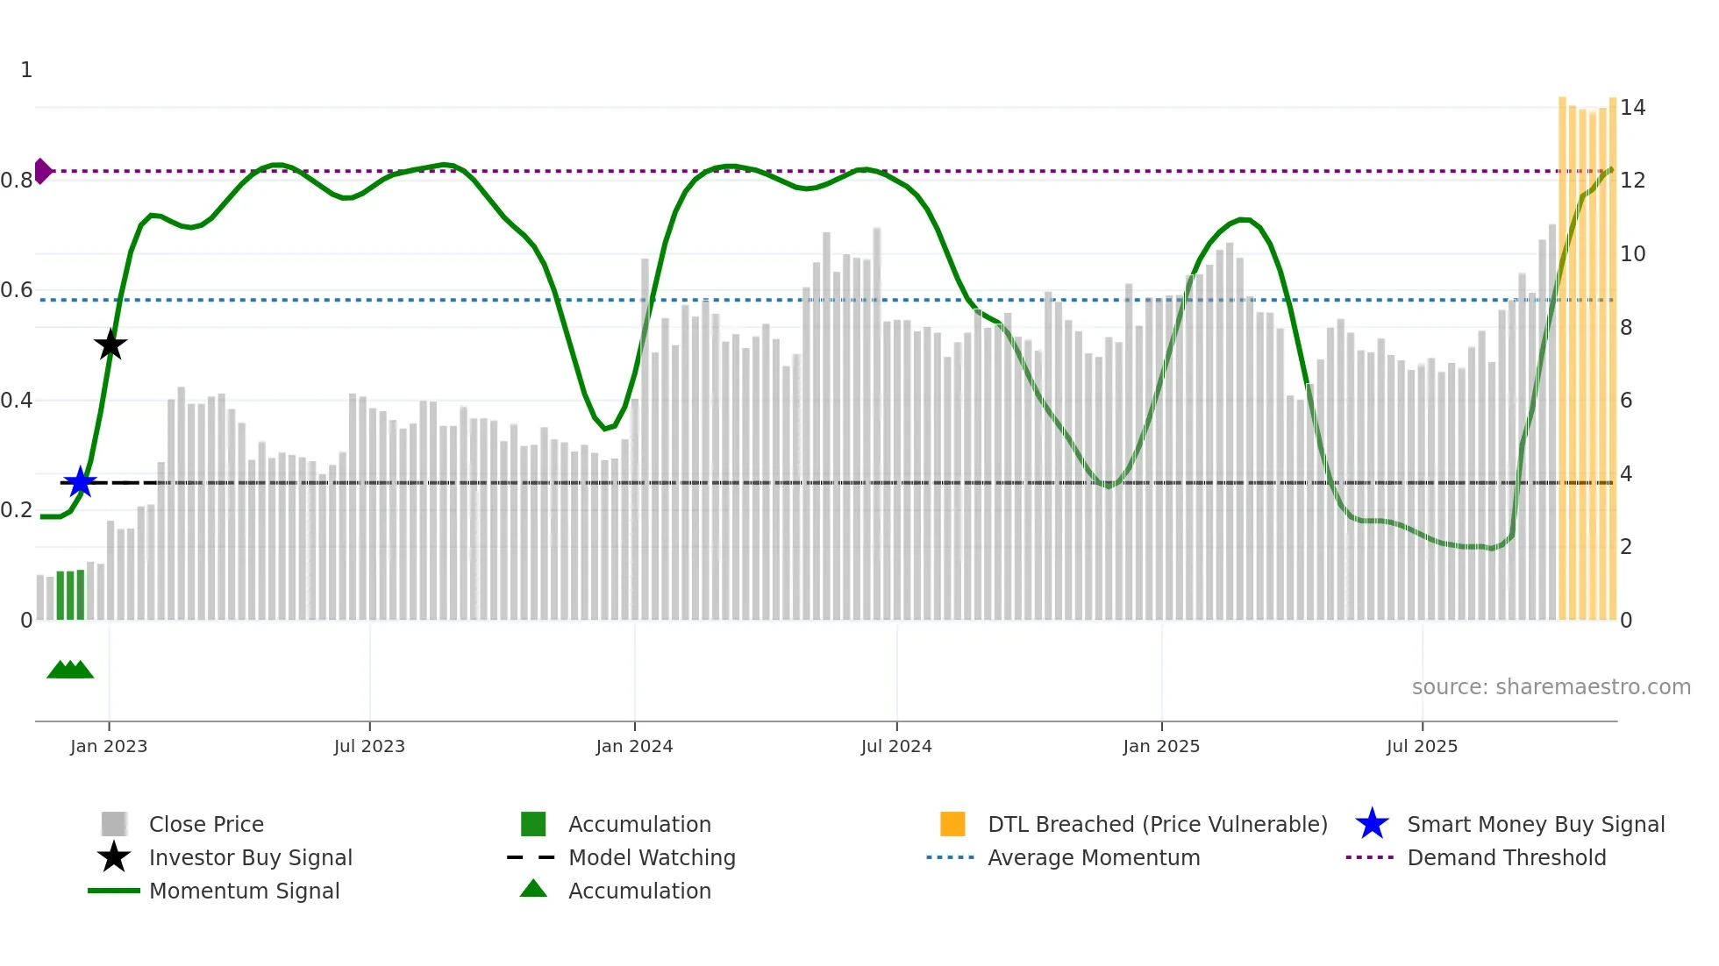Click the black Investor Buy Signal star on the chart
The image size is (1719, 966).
tap(111, 344)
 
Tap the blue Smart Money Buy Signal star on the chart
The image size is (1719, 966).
tap(81, 482)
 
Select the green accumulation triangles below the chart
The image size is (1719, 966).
tap(70, 670)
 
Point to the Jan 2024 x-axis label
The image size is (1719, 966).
tap(634, 746)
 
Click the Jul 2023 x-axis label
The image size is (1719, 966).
tap(369, 746)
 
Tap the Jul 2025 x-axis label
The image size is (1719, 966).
tap(1422, 746)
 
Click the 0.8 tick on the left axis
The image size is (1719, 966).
tap(17, 181)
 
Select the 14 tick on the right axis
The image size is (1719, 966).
tap(1632, 108)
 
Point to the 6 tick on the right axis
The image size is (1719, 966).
tap(1626, 401)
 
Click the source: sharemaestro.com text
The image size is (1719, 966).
tap(1551, 687)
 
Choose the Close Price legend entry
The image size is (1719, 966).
tap(206, 824)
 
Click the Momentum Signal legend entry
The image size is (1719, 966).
tap(244, 891)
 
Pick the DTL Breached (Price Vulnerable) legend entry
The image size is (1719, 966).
tap(1157, 824)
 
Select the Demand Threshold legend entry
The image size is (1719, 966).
tap(1506, 857)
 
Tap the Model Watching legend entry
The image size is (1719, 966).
tap(652, 857)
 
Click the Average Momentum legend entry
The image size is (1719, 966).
tap(1094, 857)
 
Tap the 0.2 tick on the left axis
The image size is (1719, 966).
tap(17, 510)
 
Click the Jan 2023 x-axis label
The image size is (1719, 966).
tap(109, 746)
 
